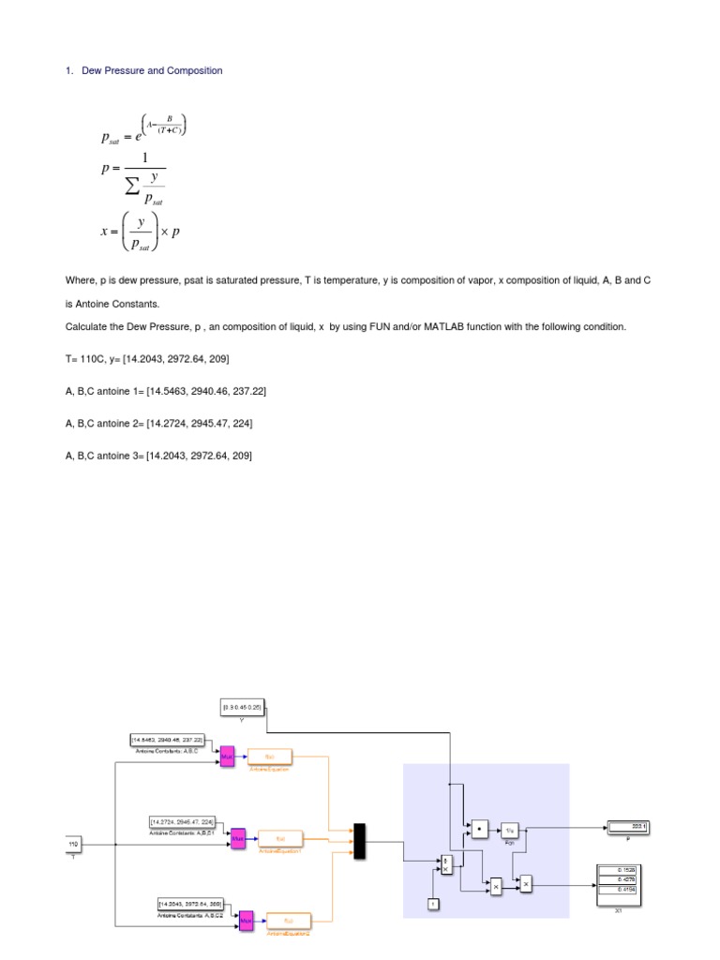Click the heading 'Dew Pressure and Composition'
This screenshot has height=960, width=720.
point(152,71)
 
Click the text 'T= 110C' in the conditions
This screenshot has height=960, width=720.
point(86,359)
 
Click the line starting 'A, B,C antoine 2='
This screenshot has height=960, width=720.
point(158,424)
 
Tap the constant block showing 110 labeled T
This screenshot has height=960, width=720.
point(73,845)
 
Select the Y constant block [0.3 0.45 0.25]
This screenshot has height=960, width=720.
point(242,705)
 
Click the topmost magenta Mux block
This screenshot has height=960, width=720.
point(227,756)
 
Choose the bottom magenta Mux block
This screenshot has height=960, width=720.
point(247,922)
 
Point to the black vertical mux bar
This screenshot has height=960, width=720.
point(358,841)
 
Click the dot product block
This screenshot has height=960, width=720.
point(478,829)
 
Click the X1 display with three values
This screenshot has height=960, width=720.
point(620,882)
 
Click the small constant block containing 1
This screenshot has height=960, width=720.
point(433,903)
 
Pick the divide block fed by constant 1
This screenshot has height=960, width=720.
point(446,864)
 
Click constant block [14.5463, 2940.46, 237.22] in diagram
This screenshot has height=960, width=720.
point(172,741)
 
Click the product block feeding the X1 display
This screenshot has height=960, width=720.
point(526,882)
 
